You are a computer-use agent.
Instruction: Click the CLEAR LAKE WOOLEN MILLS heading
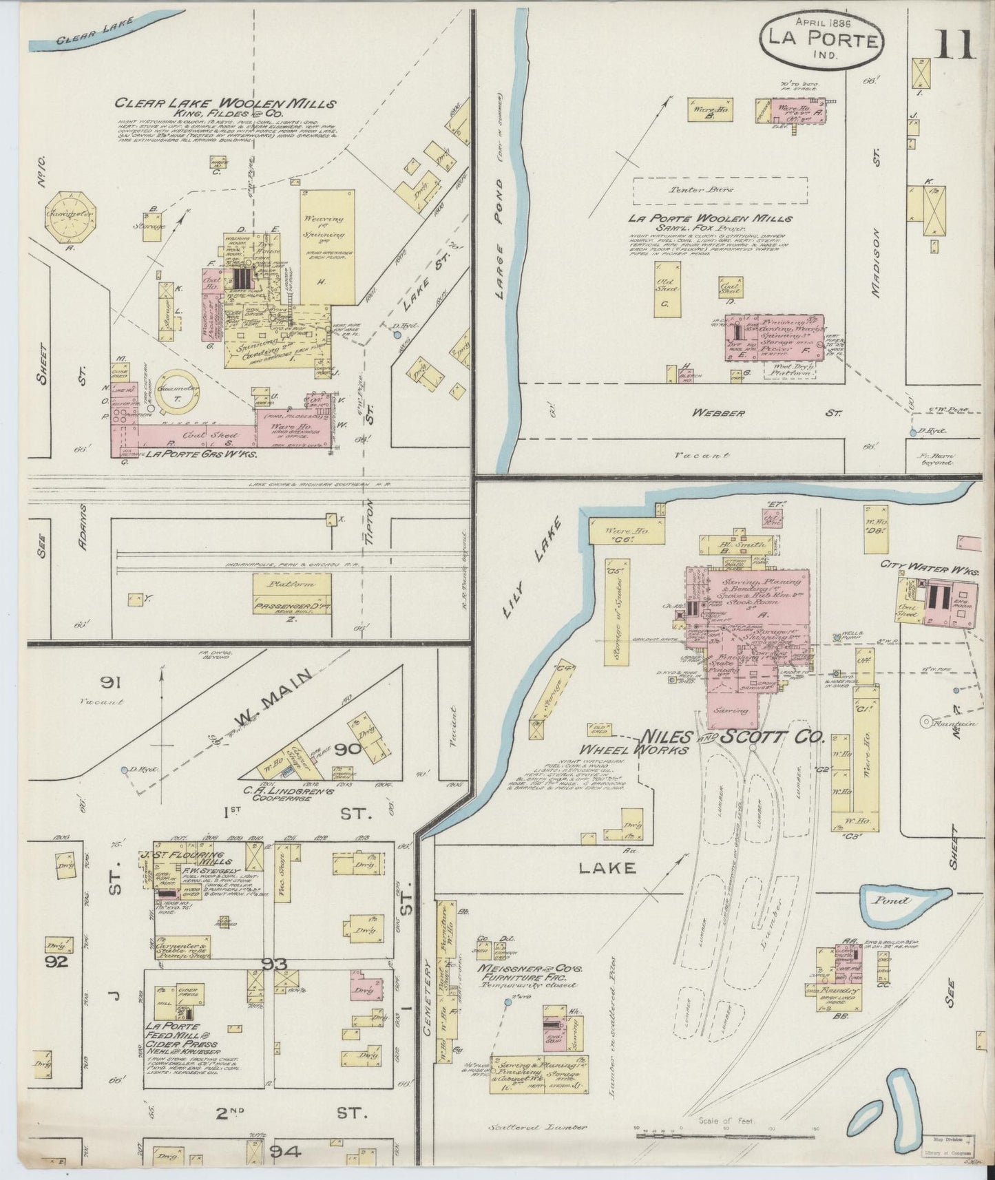(x=225, y=104)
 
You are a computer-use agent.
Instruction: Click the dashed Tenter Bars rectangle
(x=720, y=190)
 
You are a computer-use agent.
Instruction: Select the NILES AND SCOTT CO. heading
(x=733, y=737)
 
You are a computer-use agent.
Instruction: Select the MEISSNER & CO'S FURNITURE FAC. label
(x=530, y=973)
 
